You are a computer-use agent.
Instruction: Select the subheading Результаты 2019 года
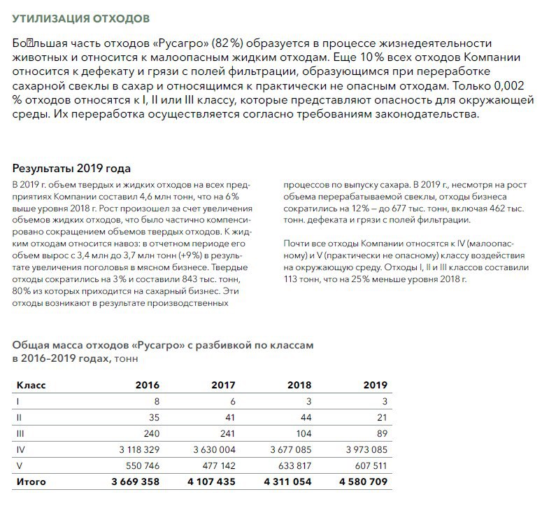pyautogui.click(x=72, y=169)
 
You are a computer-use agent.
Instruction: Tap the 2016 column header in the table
pyautogui.click(x=147, y=386)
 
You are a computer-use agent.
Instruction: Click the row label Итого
pyautogui.click(x=31, y=482)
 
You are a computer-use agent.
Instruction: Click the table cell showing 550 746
pyautogui.click(x=140, y=466)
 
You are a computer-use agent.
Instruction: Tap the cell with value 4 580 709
pyautogui.click(x=360, y=482)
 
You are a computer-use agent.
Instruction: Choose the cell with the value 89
pyautogui.click(x=380, y=434)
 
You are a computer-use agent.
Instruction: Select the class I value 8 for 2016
pyautogui.click(x=156, y=402)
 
